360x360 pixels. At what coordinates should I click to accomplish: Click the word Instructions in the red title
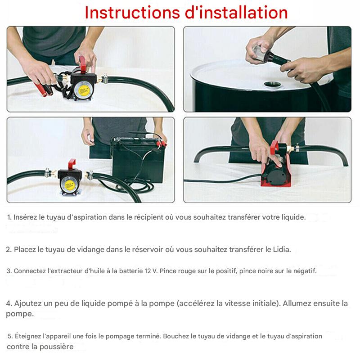[132, 13]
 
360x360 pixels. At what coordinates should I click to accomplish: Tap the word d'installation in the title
[236, 13]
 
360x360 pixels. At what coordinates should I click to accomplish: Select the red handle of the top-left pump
[83, 64]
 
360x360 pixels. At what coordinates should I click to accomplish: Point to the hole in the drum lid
[273, 85]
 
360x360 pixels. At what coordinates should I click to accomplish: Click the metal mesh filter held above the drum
[258, 54]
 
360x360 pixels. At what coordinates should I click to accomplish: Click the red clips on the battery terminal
[161, 144]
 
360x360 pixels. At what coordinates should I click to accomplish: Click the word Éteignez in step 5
[28, 336]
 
